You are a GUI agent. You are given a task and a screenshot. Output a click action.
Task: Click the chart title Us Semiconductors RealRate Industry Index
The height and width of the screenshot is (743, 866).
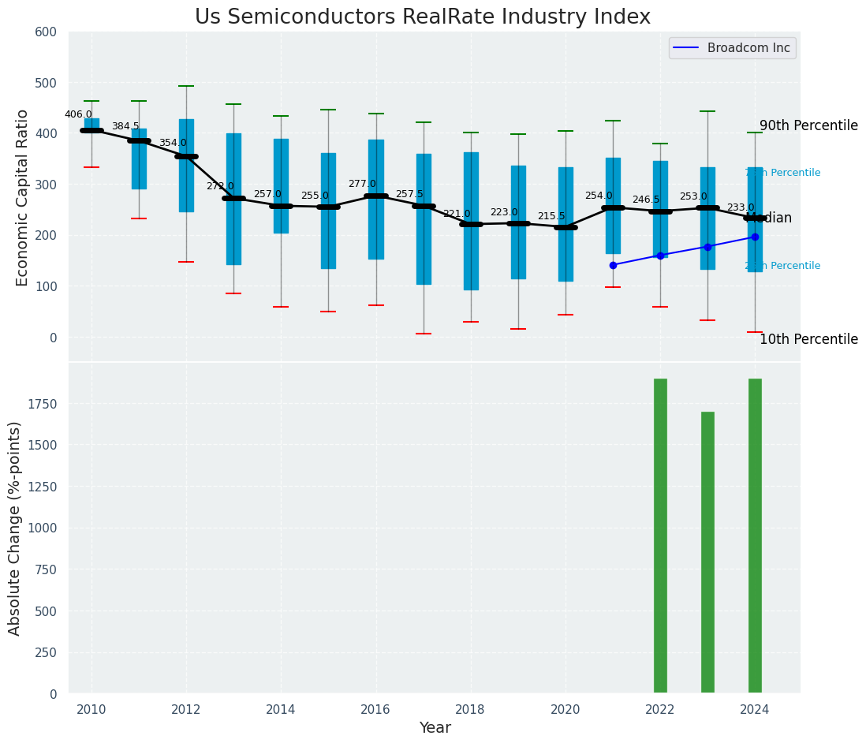423,17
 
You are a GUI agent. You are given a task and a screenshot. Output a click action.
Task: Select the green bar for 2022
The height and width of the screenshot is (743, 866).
660,536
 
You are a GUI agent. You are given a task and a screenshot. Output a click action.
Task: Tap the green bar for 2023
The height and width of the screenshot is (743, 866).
707,552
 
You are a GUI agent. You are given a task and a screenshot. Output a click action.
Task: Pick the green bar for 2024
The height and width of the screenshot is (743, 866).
755,536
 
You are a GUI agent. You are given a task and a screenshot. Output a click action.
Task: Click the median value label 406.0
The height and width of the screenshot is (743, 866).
78,114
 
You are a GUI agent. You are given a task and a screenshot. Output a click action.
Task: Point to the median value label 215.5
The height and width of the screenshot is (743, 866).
551,216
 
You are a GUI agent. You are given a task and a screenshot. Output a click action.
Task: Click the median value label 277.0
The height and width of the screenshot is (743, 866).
362,184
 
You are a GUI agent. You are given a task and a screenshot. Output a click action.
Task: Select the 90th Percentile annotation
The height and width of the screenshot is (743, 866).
808,125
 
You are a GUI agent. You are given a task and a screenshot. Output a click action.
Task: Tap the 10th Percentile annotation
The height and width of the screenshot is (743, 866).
808,339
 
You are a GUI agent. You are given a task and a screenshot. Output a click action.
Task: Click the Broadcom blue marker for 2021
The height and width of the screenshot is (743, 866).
613,265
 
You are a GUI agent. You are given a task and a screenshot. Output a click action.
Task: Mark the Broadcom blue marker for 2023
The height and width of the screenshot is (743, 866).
707,247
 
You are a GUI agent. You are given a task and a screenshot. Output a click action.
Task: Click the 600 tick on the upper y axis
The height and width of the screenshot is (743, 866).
47,32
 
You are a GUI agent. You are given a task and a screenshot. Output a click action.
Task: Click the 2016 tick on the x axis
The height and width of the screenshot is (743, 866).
375,709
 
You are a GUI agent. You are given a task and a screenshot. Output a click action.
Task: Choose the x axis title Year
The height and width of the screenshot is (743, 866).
435,728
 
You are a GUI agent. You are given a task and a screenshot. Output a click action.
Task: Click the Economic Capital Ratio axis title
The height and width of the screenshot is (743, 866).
23,197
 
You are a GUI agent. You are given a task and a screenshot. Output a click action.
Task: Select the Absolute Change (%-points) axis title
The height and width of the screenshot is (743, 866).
15,528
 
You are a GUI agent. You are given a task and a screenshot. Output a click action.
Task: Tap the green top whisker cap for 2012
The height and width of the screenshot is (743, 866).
186,86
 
